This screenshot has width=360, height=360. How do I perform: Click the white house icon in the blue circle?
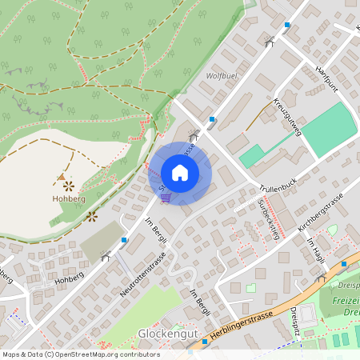[x=180, y=172]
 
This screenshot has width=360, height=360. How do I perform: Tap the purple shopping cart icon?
[x=165, y=198]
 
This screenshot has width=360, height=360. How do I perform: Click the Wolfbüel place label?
[x=223, y=76]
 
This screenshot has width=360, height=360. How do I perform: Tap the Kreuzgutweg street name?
[x=286, y=117]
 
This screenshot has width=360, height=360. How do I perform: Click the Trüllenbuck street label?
[x=278, y=185]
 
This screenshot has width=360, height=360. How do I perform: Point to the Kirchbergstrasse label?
[x=319, y=212]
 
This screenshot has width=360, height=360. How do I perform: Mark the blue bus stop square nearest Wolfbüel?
[x=212, y=120]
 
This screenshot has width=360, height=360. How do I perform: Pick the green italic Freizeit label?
[x=344, y=302]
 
